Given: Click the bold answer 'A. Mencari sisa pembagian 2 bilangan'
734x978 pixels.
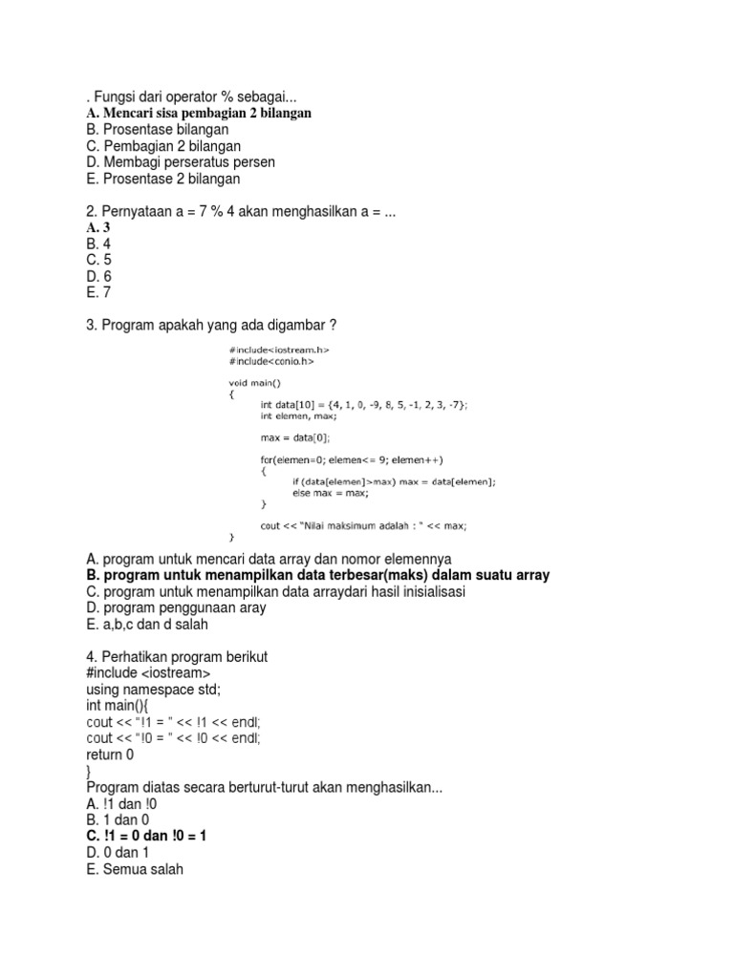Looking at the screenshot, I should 199,113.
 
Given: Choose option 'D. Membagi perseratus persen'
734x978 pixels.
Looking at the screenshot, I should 180,162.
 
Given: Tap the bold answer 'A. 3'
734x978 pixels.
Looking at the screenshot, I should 99,227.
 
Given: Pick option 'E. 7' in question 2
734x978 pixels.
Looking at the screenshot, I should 98,293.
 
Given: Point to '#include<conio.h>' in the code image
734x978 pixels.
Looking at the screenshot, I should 271,362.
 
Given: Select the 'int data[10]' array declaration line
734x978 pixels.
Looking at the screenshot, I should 364,404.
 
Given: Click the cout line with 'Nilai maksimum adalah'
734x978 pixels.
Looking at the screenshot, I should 363,525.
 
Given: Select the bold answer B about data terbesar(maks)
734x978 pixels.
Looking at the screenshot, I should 317,575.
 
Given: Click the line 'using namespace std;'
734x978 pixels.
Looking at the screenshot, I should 159,689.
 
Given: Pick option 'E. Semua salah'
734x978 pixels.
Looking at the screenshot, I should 134,868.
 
